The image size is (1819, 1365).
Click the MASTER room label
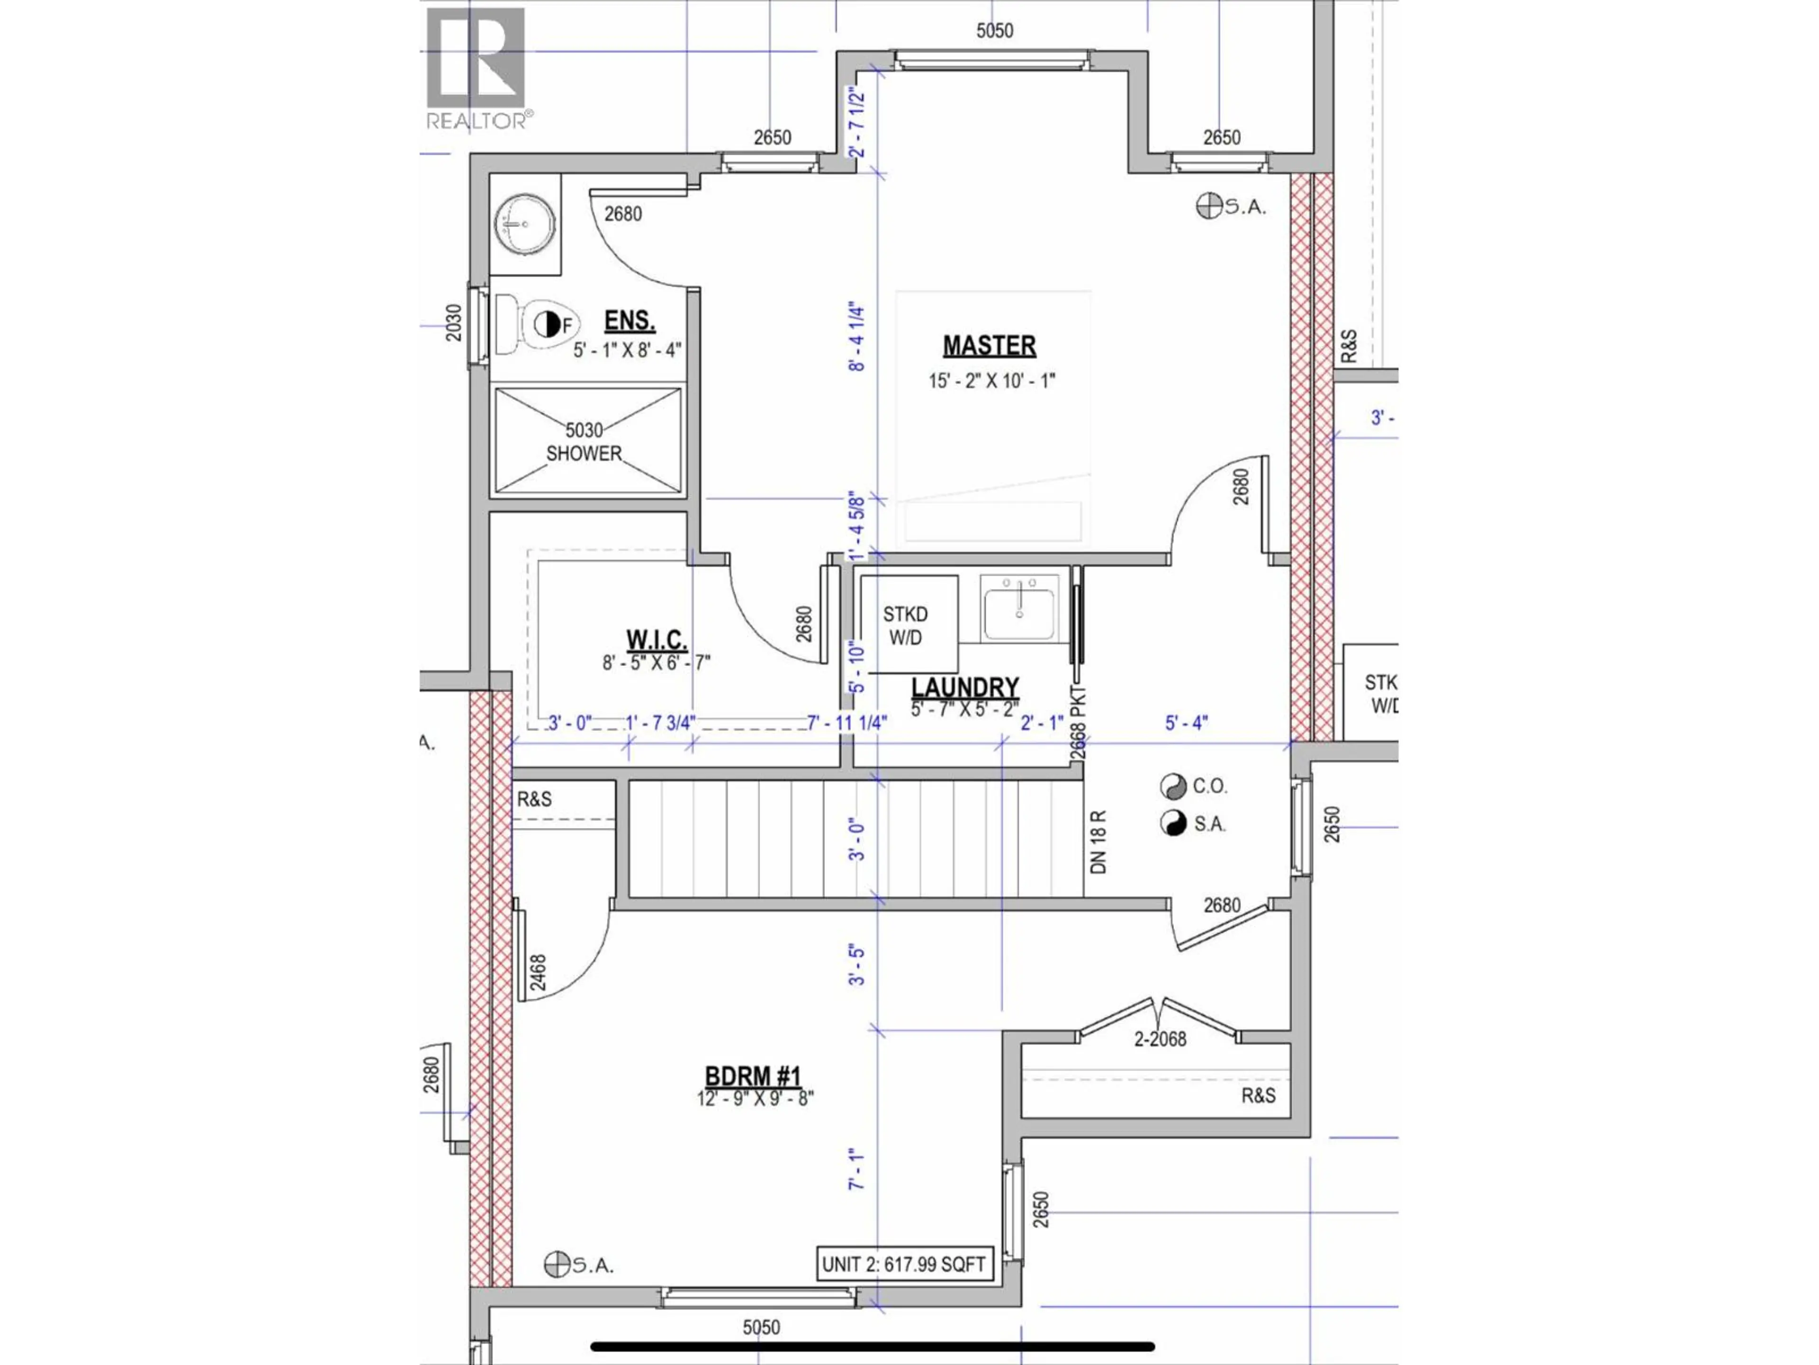[x=989, y=346]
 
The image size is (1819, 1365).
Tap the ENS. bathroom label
[x=629, y=320]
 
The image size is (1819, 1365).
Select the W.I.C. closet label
[x=656, y=639]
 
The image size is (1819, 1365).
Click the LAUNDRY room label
[x=964, y=686]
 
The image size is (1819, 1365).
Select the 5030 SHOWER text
[x=585, y=442]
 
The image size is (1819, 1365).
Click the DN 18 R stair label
[x=1098, y=843]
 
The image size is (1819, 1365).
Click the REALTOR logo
[x=477, y=67]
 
